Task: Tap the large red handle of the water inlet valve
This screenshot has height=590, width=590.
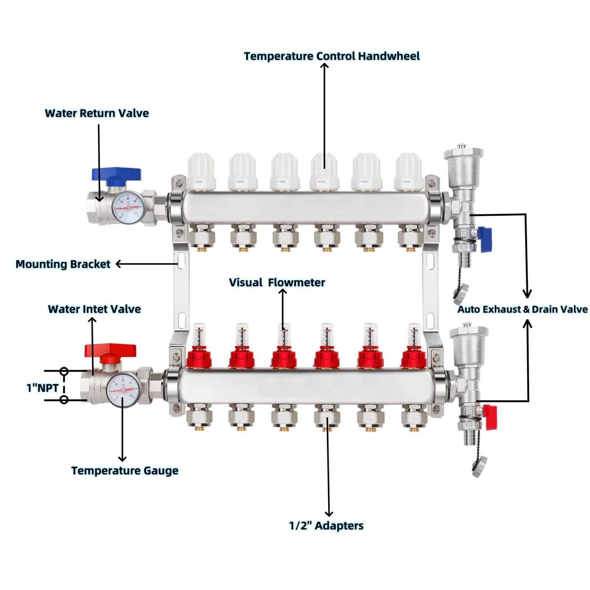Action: pos(110,350)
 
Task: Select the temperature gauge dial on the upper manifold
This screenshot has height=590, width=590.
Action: pos(127,208)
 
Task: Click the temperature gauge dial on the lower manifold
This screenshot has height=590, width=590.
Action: pos(123,390)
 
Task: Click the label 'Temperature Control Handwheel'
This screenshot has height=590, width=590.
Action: pos(332,56)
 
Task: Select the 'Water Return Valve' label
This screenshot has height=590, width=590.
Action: pos(97,113)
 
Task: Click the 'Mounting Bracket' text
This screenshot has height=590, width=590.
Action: pos(63,264)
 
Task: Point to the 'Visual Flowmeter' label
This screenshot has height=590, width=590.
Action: pos(277,282)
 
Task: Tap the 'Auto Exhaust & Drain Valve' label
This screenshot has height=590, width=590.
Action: pos(522,309)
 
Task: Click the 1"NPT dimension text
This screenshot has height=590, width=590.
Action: pos(42,388)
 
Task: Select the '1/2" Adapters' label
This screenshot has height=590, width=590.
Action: pos(326,525)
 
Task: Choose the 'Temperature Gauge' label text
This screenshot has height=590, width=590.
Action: pos(125,471)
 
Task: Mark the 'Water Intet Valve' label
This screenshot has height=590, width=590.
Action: pos(94,309)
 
